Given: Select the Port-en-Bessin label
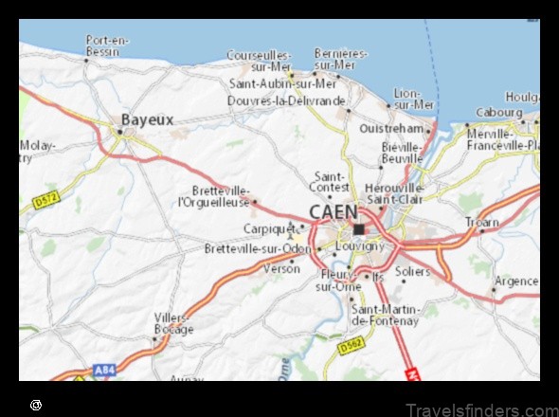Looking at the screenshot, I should click(106, 45).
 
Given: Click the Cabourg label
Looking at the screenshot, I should click(497, 112).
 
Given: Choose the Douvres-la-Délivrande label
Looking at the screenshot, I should click(287, 100).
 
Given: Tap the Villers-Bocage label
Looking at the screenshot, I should click(173, 324).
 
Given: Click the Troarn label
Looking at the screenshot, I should click(482, 222).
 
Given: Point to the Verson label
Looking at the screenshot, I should click(280, 268).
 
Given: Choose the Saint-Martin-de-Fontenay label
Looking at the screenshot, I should click(384, 315).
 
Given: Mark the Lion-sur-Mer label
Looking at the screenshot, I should click(413, 99).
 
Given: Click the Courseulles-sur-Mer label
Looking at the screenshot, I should click(257, 61).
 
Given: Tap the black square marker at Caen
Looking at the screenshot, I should click(358, 228).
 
